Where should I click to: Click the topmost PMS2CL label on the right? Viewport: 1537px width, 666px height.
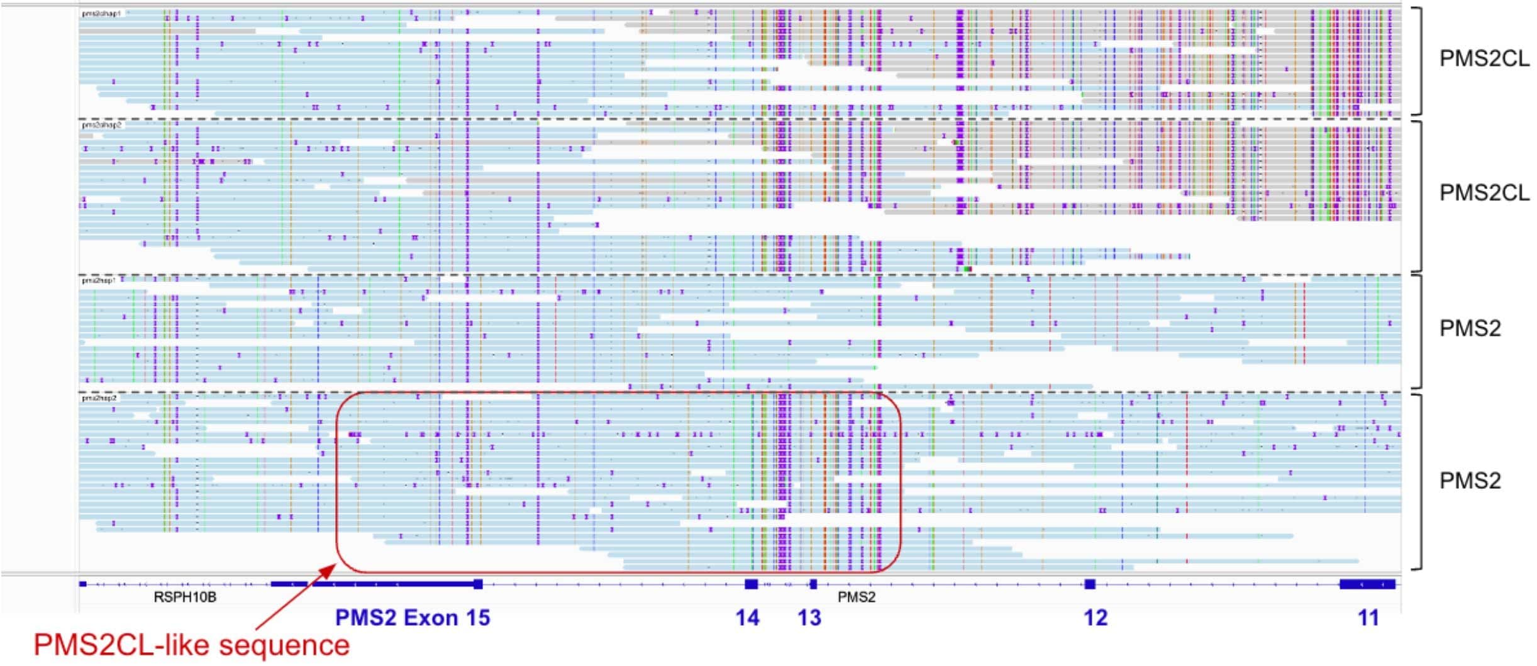point(1484,59)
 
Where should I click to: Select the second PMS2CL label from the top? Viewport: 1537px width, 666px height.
point(1484,193)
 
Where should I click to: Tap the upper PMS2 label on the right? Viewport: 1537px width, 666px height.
point(1470,329)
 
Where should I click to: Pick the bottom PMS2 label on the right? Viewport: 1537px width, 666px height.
point(1470,481)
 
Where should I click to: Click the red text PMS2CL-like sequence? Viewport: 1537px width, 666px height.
point(191,645)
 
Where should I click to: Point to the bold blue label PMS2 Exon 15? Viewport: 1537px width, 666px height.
point(413,618)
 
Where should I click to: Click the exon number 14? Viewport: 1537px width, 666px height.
point(747,618)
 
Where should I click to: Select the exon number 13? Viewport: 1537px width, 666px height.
point(809,618)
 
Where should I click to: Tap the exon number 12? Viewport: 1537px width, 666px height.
point(1095,618)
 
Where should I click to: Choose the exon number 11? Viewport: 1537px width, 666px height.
point(1368,618)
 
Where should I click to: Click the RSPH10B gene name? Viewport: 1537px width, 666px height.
point(185,597)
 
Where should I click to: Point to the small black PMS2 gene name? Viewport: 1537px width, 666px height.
point(856,597)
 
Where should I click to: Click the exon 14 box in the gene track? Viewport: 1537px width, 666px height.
point(751,584)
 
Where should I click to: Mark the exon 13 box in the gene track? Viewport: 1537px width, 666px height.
point(813,584)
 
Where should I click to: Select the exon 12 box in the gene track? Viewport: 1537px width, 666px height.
point(1090,584)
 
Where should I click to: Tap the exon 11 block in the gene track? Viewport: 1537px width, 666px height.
point(1367,584)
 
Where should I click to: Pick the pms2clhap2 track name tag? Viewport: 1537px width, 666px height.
point(101,125)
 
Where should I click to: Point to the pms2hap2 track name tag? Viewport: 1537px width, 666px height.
point(99,398)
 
